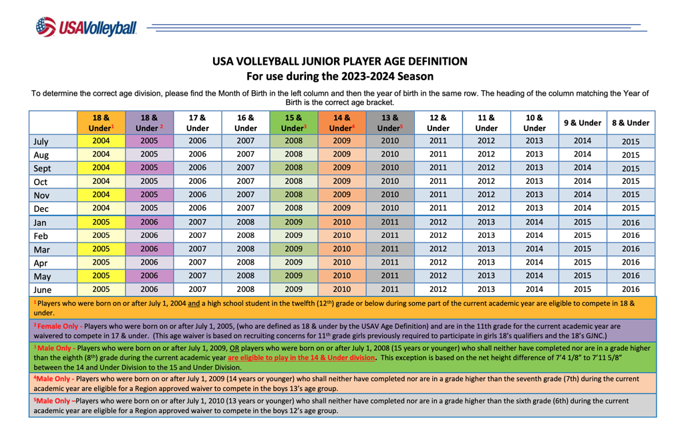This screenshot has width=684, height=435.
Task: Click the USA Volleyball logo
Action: point(86,27)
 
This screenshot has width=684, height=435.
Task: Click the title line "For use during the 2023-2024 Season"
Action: point(340,76)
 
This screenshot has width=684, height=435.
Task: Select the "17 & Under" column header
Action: point(198,123)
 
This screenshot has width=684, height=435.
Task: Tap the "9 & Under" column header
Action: point(582,123)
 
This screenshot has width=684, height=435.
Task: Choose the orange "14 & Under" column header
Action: point(342,123)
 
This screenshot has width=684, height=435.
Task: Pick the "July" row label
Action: point(41,142)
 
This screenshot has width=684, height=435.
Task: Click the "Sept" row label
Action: point(42,168)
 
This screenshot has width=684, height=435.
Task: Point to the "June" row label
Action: point(42,290)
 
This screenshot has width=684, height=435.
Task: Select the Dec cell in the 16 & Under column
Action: point(246,208)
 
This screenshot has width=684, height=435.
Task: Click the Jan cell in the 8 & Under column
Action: point(631,223)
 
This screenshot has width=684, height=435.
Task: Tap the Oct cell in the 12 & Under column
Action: point(438,182)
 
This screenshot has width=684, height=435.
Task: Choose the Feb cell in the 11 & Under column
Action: point(486,236)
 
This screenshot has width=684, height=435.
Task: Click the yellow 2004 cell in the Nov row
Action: point(101,195)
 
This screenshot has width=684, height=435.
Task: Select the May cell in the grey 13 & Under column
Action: point(390,276)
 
